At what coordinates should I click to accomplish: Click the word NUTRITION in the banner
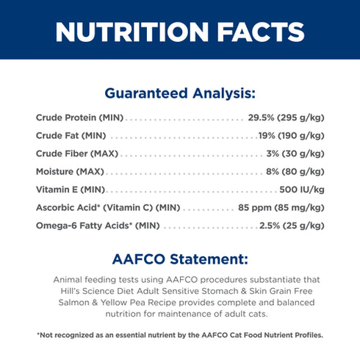click(132, 32)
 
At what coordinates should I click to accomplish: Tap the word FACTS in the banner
click(261, 32)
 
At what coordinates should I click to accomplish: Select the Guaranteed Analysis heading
click(180, 93)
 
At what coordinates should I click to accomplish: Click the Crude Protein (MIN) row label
click(79, 118)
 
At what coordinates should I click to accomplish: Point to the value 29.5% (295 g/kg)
click(287, 118)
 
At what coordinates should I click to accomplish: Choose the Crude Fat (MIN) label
click(71, 136)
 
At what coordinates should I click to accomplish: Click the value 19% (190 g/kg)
click(292, 136)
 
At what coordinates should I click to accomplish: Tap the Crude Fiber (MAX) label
click(77, 154)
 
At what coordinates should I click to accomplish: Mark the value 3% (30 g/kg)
click(295, 154)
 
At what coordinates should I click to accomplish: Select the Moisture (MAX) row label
click(70, 172)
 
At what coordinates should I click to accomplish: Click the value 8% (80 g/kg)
click(295, 172)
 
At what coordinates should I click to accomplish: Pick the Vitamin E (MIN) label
click(71, 190)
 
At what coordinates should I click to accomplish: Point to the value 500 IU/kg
click(302, 190)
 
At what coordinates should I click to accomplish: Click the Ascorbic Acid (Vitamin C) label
click(108, 208)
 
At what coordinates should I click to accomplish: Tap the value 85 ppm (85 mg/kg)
click(281, 208)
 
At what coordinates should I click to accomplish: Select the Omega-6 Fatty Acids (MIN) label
click(98, 226)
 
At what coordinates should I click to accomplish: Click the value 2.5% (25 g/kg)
click(292, 226)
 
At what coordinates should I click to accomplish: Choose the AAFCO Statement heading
click(180, 259)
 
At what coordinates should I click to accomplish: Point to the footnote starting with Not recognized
click(180, 335)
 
